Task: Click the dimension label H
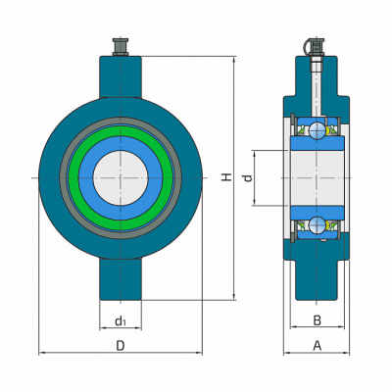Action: coord(227,177)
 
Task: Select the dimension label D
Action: coord(121,346)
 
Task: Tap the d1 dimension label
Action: coord(121,321)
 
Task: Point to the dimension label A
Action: coord(317,345)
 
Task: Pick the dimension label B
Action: coord(318,320)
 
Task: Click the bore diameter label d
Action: coord(248,178)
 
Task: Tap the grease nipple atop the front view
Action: coord(121,47)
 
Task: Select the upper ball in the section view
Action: coord(318,130)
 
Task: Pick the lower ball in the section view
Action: coord(318,225)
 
